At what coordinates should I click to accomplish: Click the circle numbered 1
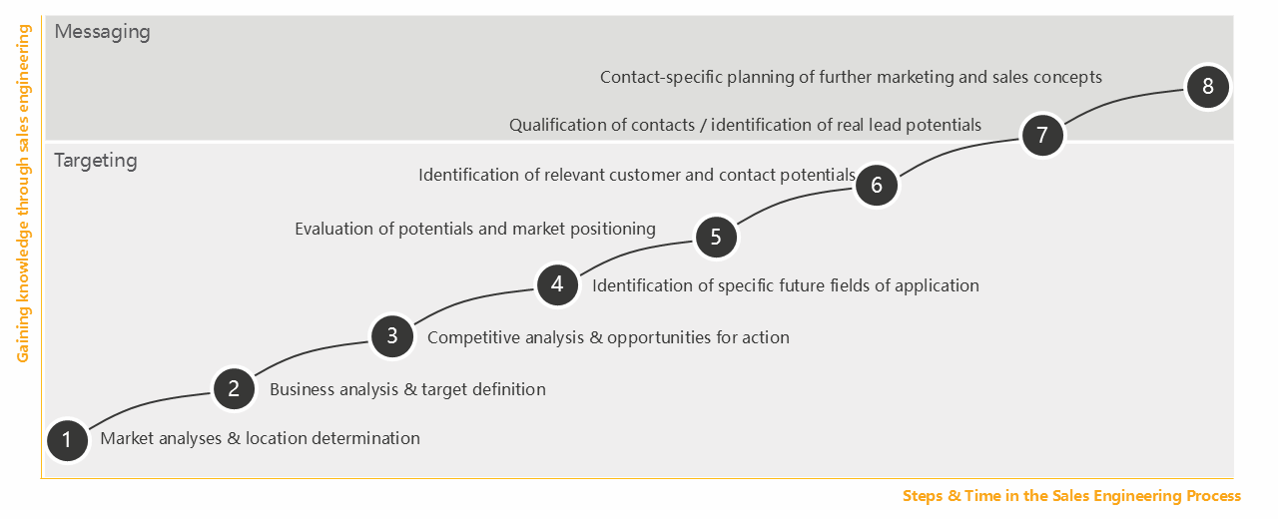click(67, 440)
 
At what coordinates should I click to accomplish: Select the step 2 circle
click(234, 388)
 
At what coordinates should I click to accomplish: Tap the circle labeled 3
click(392, 336)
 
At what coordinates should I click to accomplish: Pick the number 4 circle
click(557, 284)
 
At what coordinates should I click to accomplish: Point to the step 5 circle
click(716, 237)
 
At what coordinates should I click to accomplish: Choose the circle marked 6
click(877, 185)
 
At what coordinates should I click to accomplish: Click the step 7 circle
click(1042, 135)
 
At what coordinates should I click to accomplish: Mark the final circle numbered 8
click(1208, 87)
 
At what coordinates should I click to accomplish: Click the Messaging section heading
click(102, 32)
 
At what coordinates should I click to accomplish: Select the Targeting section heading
click(96, 161)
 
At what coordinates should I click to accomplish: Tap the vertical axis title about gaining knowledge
click(23, 194)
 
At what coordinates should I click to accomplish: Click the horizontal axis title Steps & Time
click(1071, 496)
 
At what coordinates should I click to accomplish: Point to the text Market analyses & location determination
click(261, 438)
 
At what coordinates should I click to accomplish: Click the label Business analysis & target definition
click(407, 389)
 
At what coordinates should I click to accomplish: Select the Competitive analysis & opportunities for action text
click(608, 337)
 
